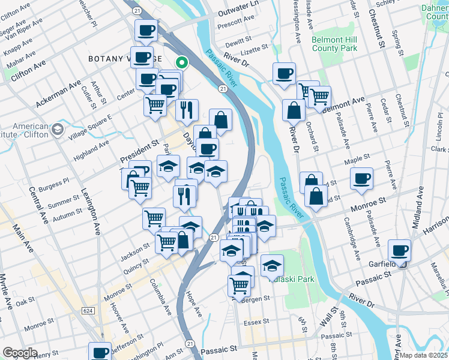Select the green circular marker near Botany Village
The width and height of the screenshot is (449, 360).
[x=180, y=62]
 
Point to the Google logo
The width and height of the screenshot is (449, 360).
[x=20, y=353]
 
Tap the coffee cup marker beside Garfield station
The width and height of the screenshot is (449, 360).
[x=399, y=250]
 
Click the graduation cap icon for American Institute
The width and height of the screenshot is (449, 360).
[x=57, y=130]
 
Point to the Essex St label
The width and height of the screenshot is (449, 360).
[x=255, y=323]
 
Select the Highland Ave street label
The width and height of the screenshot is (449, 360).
[x=91, y=151]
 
